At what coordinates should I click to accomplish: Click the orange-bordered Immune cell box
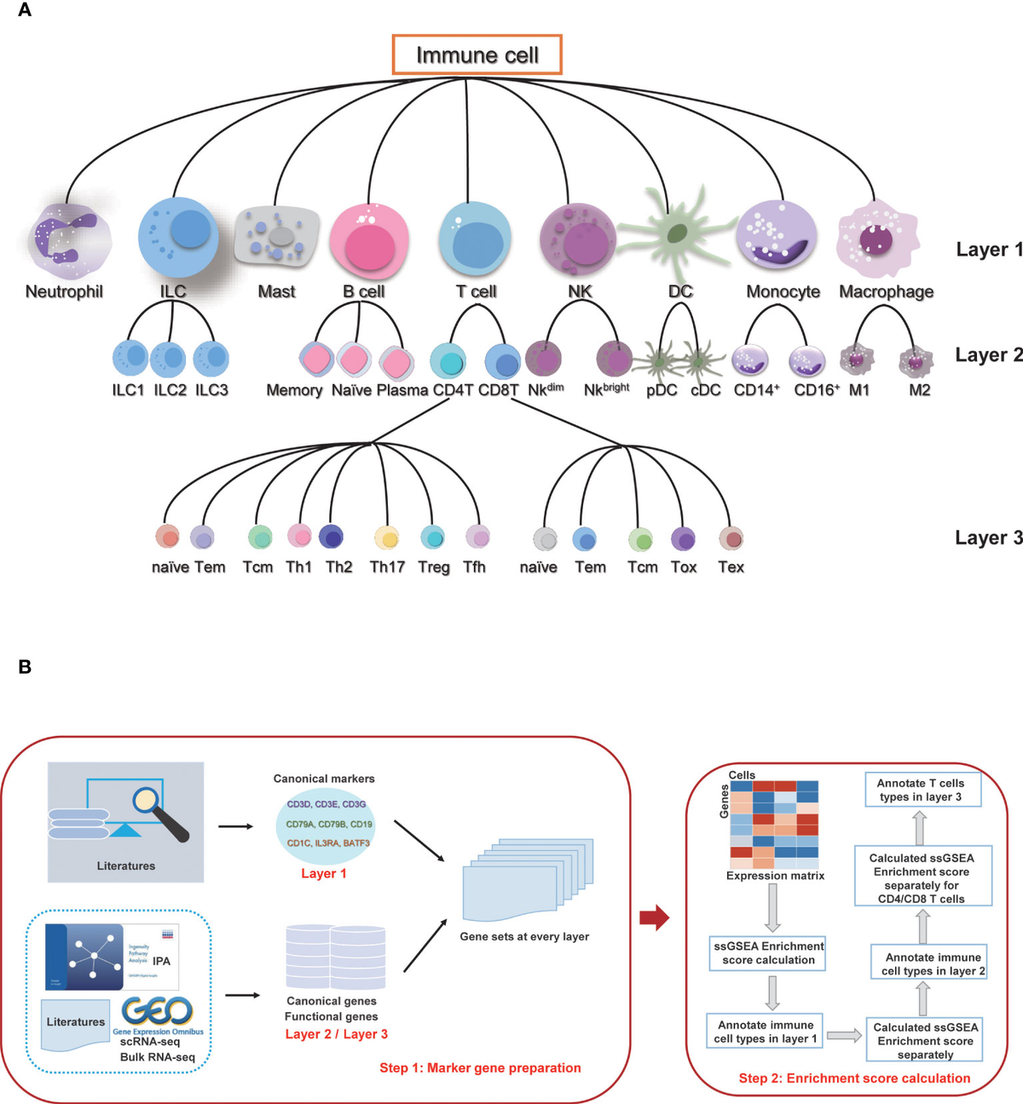tap(477, 55)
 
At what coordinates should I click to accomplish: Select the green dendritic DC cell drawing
tap(677, 233)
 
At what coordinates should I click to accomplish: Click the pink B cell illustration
tap(369, 241)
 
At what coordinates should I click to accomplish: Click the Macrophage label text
tap(886, 291)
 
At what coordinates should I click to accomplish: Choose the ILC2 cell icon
tap(169, 359)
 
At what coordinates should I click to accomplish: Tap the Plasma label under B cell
tap(402, 390)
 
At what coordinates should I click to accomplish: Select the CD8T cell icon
tap(503, 362)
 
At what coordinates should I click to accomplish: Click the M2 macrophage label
tap(919, 390)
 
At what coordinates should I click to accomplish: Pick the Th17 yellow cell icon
tap(387, 538)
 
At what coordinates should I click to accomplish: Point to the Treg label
tap(433, 567)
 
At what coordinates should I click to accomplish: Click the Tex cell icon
tap(731, 538)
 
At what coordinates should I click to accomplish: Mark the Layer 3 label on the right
tap(988, 538)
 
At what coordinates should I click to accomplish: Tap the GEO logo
tap(157, 1011)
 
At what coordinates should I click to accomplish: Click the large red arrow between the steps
tap(654, 917)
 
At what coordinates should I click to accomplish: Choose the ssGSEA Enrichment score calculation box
tap(768, 952)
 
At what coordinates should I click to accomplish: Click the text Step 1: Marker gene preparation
tap(480, 1067)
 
